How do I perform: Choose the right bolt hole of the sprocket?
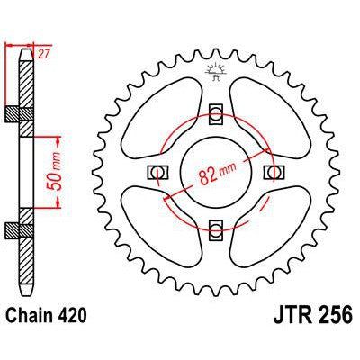coord(267,172)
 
